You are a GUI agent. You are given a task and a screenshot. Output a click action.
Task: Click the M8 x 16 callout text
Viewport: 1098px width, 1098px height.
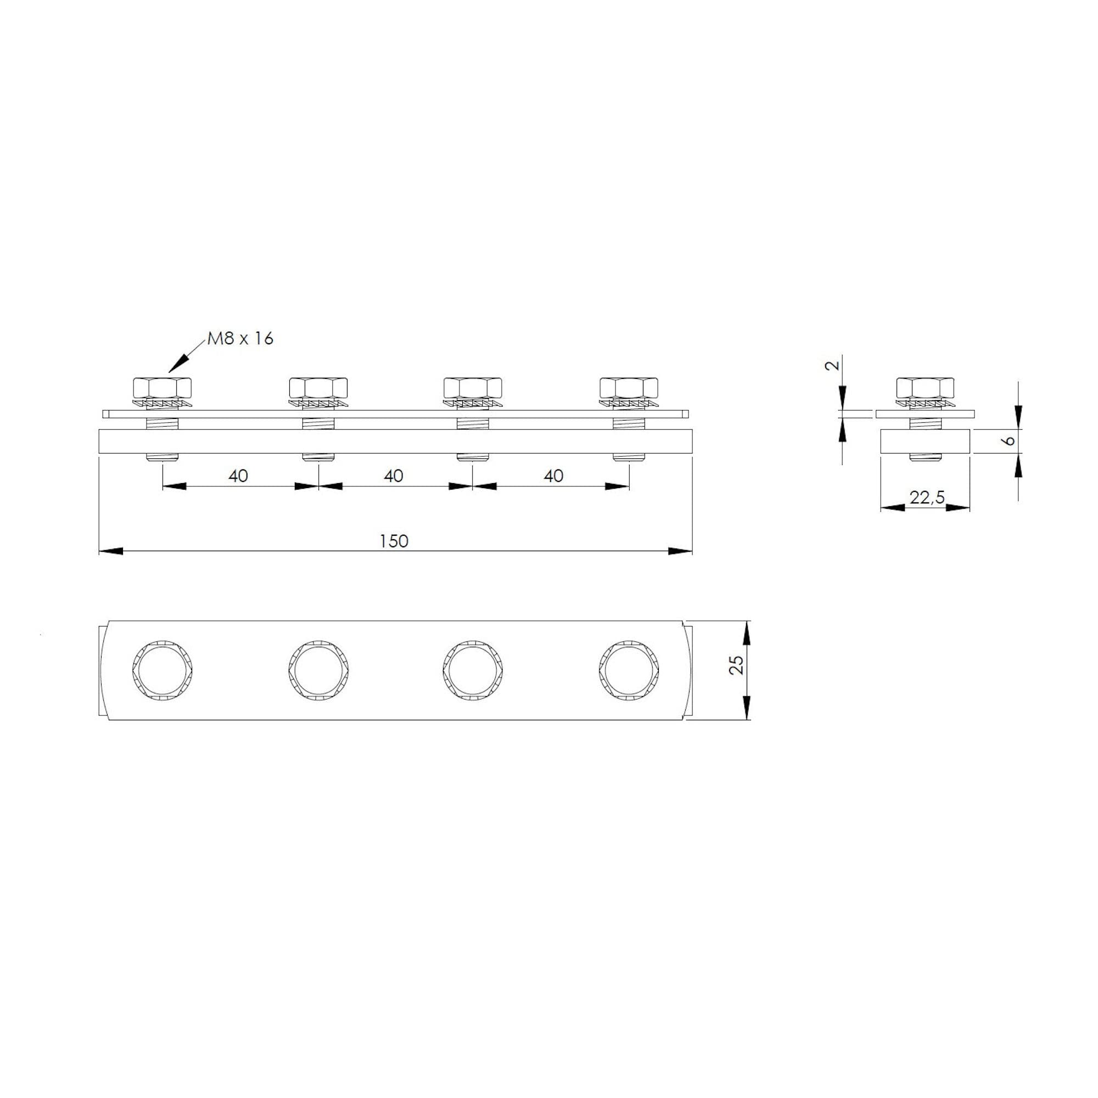[240, 339]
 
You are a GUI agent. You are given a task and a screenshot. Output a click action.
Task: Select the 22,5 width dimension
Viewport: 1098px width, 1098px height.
[926, 497]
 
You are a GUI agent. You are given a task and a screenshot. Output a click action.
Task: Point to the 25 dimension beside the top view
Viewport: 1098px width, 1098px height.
[737, 664]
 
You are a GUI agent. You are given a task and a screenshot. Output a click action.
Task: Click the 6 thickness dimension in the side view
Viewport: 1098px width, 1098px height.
[1010, 440]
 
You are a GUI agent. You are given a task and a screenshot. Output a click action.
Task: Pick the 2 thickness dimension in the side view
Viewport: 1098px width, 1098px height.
[833, 365]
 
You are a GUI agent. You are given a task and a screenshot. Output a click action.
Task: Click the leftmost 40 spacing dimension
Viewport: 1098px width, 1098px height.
[238, 475]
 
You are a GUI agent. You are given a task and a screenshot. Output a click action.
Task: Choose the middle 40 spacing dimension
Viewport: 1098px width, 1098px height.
[393, 475]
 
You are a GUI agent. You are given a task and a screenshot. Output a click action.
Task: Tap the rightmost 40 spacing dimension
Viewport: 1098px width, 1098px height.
[553, 475]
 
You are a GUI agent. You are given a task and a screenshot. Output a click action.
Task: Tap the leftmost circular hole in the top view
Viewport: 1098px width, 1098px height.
[162, 671]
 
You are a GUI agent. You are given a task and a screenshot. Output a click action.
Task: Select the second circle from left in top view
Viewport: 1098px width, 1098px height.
[318, 671]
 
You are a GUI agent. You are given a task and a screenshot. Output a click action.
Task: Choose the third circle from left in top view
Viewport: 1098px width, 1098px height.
[473, 671]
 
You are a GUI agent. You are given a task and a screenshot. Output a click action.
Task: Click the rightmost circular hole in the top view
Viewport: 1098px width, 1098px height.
[629, 671]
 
